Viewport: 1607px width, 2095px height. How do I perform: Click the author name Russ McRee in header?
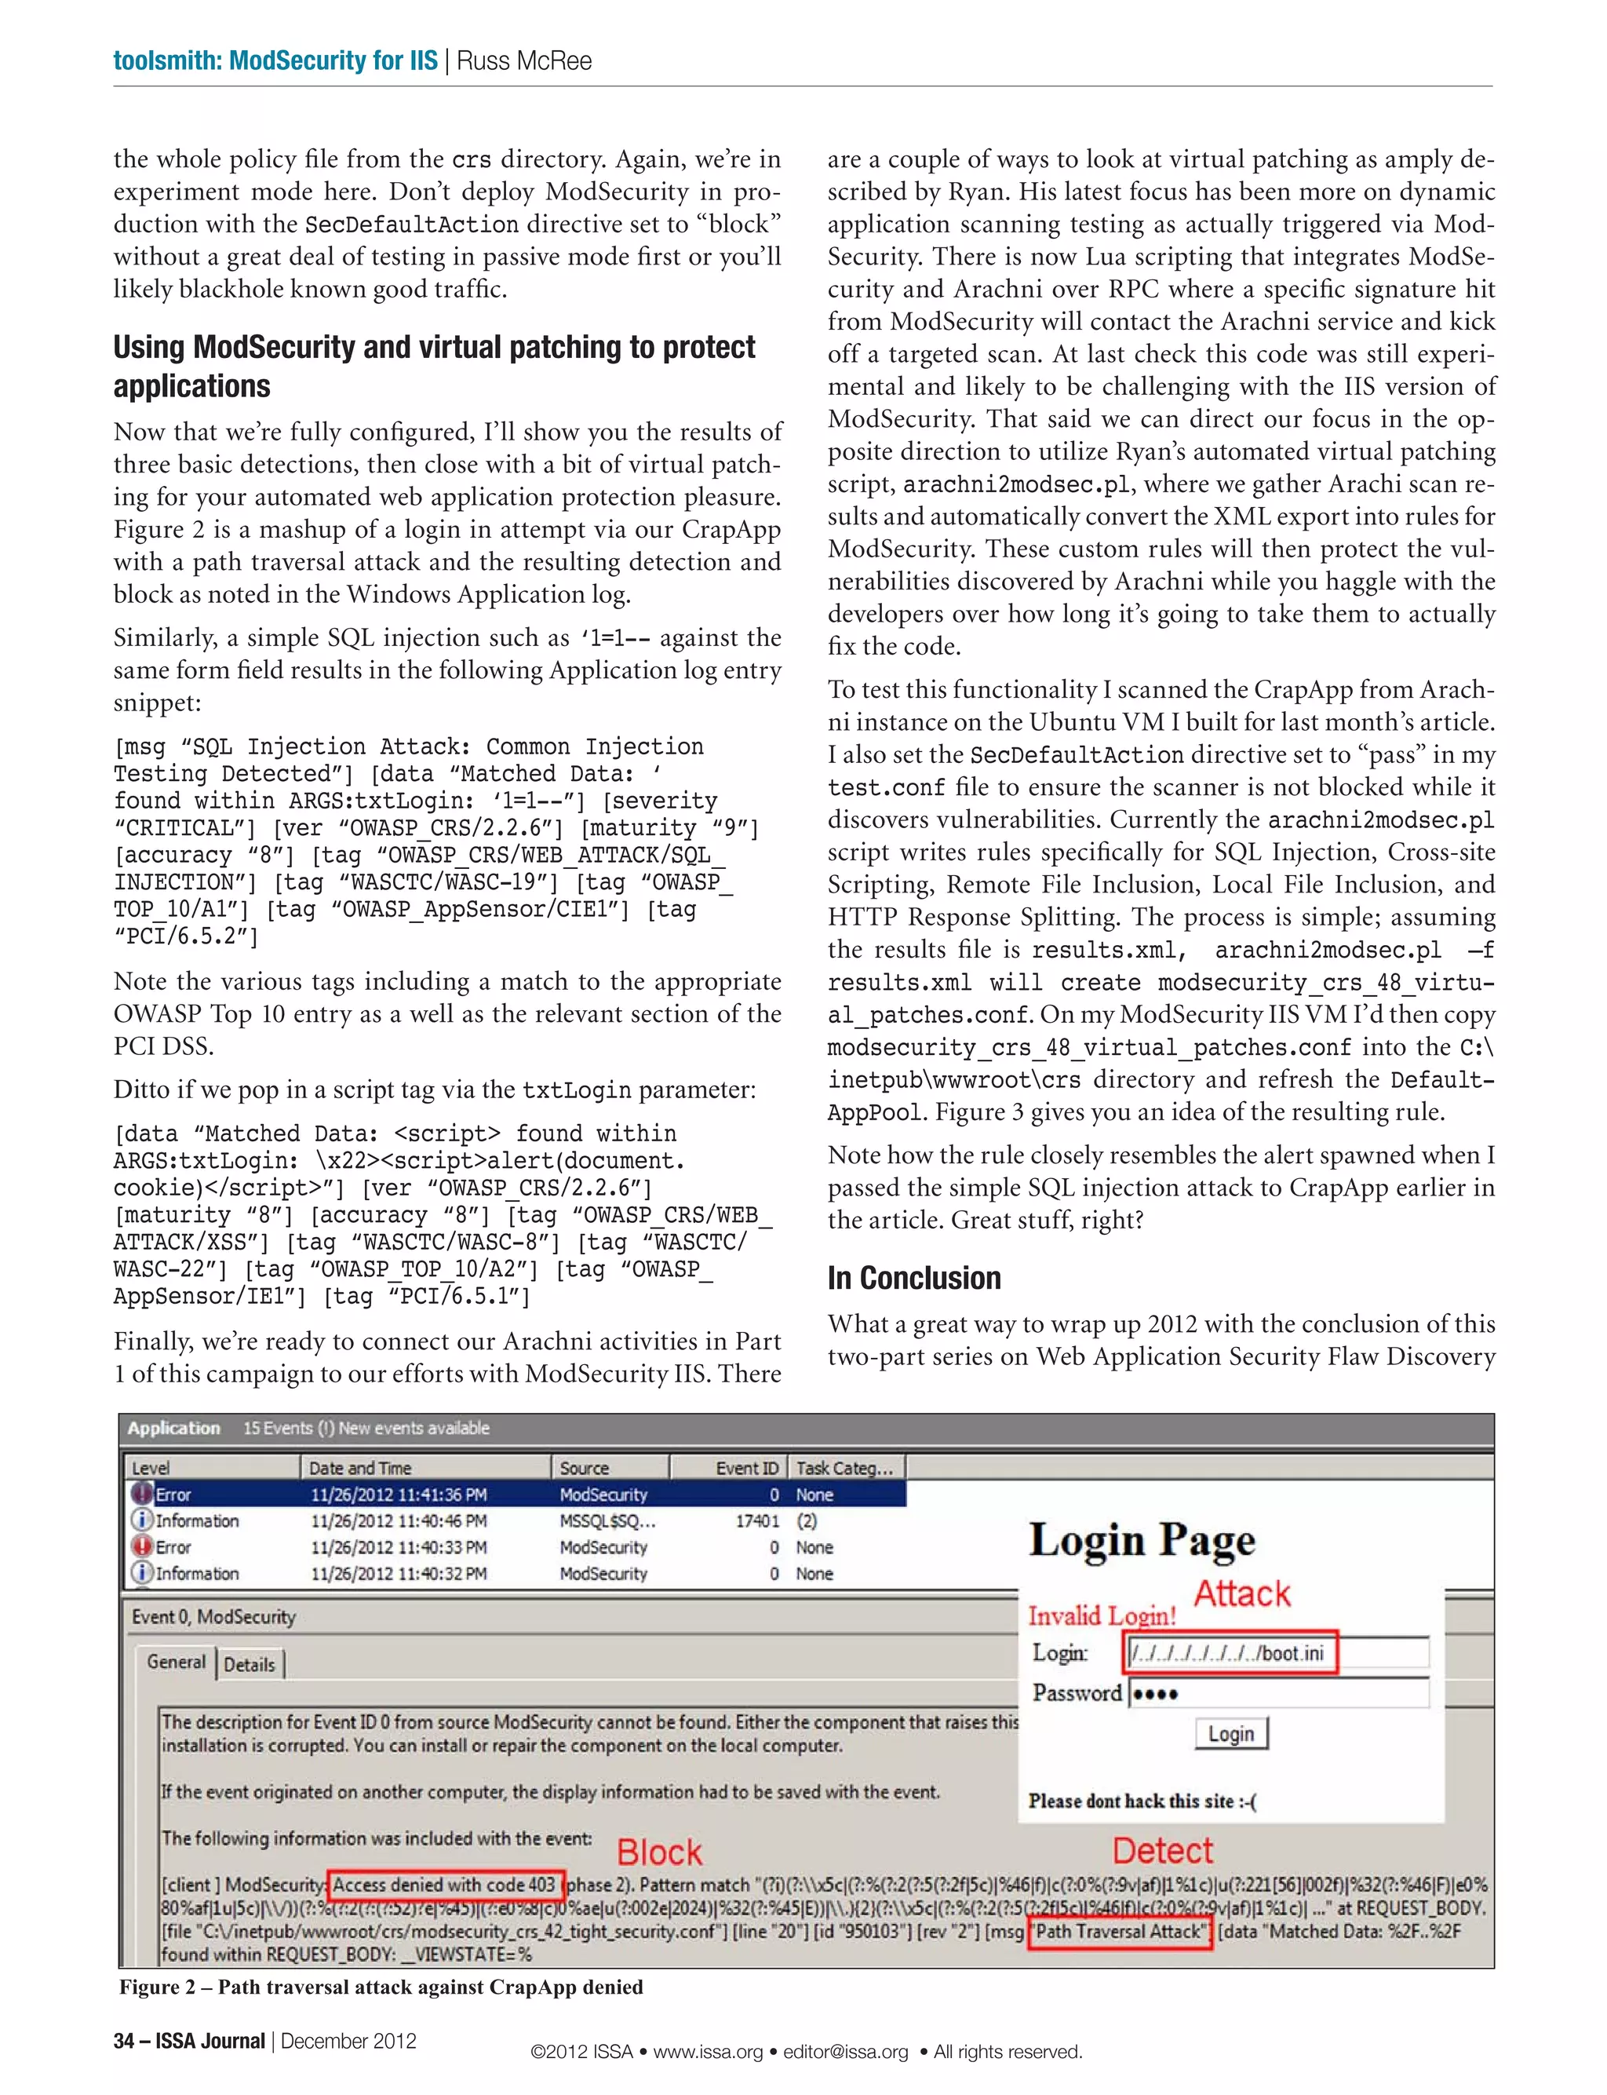click(x=524, y=61)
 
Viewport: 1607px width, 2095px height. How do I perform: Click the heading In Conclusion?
click(x=913, y=1278)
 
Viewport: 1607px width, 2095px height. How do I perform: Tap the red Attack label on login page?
click(x=1241, y=1593)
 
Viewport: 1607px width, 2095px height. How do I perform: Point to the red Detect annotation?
click(x=1162, y=1851)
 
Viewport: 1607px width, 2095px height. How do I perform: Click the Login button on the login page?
click(x=1231, y=1733)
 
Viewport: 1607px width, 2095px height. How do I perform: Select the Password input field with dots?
click(x=1278, y=1693)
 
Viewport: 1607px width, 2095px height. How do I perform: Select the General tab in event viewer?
click(x=176, y=1662)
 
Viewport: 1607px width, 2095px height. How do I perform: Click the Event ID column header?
click(x=746, y=1468)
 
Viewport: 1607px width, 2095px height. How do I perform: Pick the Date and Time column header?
click(x=359, y=1468)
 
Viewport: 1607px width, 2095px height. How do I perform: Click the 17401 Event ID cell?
click(x=756, y=1521)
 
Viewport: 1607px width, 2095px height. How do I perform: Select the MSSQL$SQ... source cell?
click(x=607, y=1521)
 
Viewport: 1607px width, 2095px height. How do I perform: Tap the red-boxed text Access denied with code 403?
click(x=445, y=1885)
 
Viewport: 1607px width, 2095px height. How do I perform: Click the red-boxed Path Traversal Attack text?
click(x=1119, y=1930)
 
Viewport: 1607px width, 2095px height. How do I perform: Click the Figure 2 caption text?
click(x=381, y=1987)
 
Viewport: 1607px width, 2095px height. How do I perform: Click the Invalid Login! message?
click(x=1102, y=1615)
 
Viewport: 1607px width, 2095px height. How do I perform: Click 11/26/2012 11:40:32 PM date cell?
click(x=398, y=1574)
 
